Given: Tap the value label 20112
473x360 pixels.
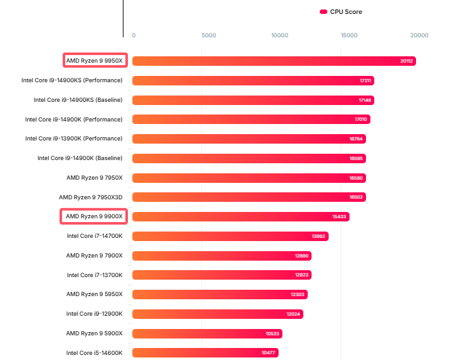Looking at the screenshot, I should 407,61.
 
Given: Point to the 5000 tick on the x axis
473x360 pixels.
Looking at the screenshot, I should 208,35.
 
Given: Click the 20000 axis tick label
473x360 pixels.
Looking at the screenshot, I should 419,35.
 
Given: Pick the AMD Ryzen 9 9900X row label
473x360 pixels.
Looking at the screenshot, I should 94,216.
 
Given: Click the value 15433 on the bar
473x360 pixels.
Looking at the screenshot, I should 339,216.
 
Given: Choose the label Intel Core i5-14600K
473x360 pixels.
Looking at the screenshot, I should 94,352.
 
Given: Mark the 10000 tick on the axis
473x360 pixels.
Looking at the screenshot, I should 280,35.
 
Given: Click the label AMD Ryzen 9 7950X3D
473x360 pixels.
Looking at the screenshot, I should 91,197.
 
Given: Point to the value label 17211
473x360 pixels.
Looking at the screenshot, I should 365,80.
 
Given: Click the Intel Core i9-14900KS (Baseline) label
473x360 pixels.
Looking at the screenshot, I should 78,100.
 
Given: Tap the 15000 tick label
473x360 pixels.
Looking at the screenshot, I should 350,35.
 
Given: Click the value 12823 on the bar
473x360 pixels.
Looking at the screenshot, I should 301,275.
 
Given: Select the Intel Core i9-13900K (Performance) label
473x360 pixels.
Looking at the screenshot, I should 73,139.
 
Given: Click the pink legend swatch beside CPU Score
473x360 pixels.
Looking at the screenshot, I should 324,11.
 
